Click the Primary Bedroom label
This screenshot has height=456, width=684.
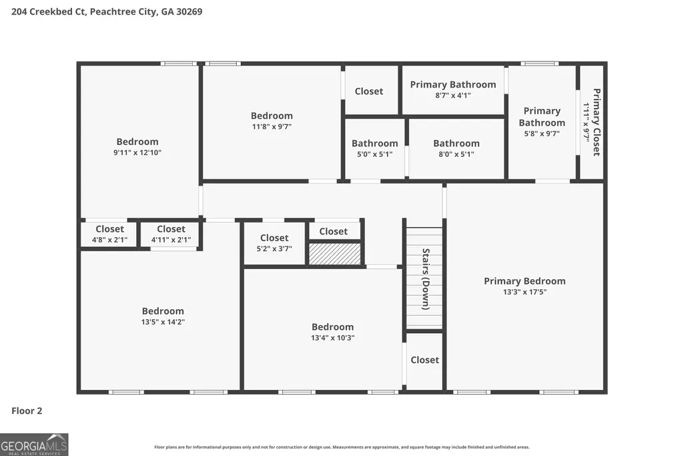click(525, 281)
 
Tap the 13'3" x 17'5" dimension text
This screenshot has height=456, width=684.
click(525, 292)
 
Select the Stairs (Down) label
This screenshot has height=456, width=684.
click(426, 279)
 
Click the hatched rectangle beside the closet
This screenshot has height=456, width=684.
click(335, 254)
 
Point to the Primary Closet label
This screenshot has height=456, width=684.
click(597, 122)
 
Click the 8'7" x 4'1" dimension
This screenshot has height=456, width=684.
click(453, 95)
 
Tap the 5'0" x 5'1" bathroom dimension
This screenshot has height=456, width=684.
click(375, 154)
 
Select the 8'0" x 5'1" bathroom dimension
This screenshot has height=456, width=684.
click(456, 154)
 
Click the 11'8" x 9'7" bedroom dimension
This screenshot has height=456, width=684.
click(272, 127)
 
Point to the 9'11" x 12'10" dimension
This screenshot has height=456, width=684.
click(137, 152)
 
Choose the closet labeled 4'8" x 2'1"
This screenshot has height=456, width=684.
click(110, 240)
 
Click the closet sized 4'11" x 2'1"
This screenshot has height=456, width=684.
click(171, 240)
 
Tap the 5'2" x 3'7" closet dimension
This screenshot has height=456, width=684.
click(274, 249)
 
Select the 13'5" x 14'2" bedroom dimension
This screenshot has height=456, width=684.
click(163, 322)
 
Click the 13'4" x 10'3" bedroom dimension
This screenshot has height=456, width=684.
click(332, 338)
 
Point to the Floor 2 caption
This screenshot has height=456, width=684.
click(27, 411)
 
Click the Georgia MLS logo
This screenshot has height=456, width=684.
click(34, 445)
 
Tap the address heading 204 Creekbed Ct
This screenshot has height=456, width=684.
click(49, 12)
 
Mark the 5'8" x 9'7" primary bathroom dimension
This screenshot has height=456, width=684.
click(542, 134)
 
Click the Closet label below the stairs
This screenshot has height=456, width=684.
click(424, 360)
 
